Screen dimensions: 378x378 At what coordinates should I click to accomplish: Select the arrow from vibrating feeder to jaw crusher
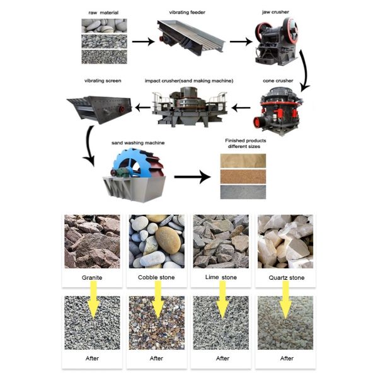pyautogui.click(x=239, y=42)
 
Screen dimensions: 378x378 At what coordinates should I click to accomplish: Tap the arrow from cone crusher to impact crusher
pyautogui.click(x=241, y=108)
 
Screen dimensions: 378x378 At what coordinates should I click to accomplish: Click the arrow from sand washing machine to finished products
pyautogui.click(x=192, y=177)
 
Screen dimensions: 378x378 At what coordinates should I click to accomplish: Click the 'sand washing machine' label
pyautogui.click(x=137, y=143)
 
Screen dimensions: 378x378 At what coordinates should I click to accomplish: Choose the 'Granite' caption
pyautogui.click(x=92, y=277)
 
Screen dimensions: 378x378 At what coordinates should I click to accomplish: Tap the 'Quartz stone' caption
pyautogui.click(x=287, y=277)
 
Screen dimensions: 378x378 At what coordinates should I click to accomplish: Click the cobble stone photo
pyautogui.click(x=156, y=241)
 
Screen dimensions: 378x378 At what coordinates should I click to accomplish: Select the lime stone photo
pyautogui.click(x=221, y=241)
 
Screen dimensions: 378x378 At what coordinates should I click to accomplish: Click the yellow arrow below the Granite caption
pyautogui.click(x=93, y=299)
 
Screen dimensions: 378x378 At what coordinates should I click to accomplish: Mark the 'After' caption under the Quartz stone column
pyautogui.click(x=287, y=358)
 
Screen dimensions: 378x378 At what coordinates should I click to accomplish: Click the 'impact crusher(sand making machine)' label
pyautogui.click(x=189, y=81)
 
